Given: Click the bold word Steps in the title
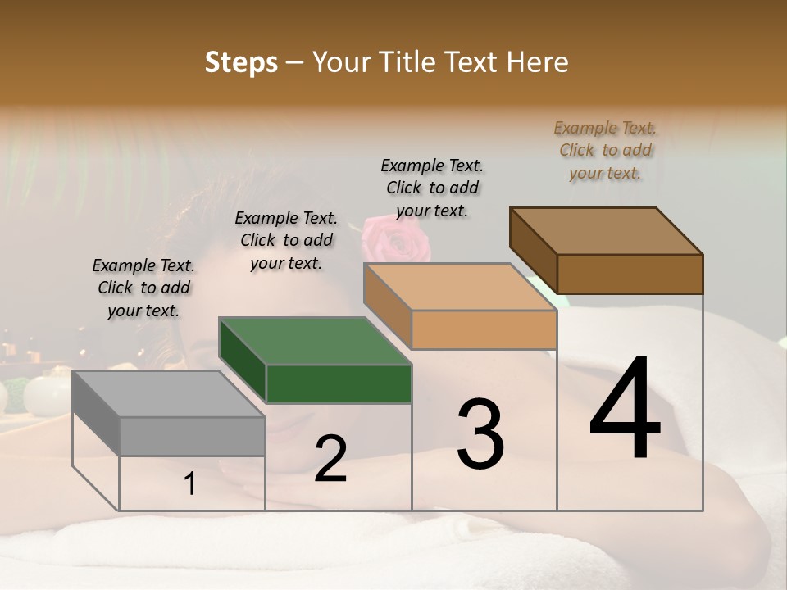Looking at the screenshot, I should coord(241,62).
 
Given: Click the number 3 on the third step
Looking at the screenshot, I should coord(480,433).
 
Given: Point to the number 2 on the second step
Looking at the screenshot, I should coord(330,458).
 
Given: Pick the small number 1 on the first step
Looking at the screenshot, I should coord(190,484).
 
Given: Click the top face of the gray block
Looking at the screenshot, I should coord(169,394).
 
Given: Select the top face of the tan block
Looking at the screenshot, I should coord(460,287).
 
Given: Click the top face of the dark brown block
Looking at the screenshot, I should coord(606,231).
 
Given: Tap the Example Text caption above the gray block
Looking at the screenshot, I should coord(143,288).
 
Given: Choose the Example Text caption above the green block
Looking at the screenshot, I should coord(286,240).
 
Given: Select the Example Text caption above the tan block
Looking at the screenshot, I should coord(432,188).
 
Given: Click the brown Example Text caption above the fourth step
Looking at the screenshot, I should coord(605,150).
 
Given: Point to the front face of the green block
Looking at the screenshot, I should coord(339,383).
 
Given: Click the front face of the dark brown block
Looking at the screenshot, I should coord(630,274).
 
